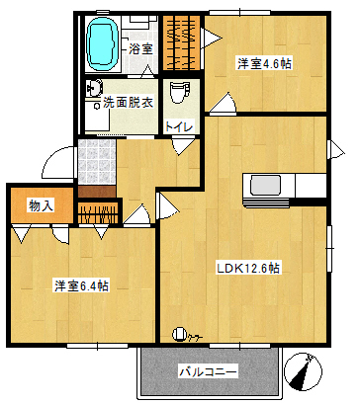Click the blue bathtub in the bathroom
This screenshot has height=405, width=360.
pyautogui.click(x=103, y=43)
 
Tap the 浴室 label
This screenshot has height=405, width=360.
pyautogui.click(x=140, y=49)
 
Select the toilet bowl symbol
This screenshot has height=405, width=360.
pyautogui.click(x=180, y=93)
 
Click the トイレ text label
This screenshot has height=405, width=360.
pyautogui.click(x=179, y=126)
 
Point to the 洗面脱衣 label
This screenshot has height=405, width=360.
pyautogui.click(x=129, y=103)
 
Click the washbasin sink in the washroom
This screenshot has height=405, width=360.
pyautogui.click(x=93, y=88)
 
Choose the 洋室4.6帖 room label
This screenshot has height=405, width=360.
pyautogui.click(x=264, y=64)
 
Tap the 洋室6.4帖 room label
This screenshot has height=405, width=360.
pyautogui.click(x=81, y=285)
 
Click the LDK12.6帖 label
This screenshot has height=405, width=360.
pyautogui.click(x=248, y=269)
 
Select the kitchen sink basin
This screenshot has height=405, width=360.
pyautogui.click(x=265, y=186)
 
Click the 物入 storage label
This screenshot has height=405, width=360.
pyautogui.click(x=42, y=205)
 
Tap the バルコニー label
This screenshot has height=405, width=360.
pyautogui.click(x=208, y=372)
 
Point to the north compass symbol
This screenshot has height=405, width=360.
pyautogui.click(x=303, y=371)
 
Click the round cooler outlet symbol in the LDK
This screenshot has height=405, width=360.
pyautogui.click(x=179, y=334)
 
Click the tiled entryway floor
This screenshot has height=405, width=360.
pyautogui.click(x=97, y=162)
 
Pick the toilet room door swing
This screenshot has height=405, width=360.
pyautogui.click(x=180, y=146)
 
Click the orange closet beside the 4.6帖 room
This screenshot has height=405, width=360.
pyautogui.click(x=182, y=42)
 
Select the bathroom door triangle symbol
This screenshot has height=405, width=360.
pyautogui.click(x=147, y=71)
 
